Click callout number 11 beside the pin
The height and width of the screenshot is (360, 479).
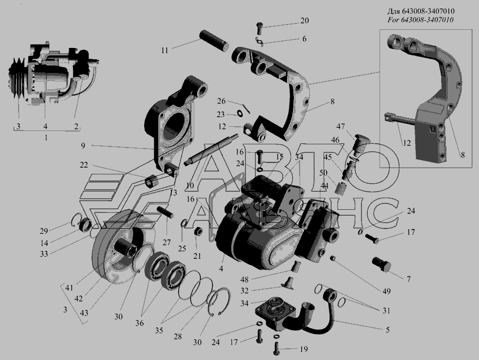[x=164, y=51]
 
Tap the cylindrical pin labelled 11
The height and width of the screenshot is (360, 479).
[x=214, y=40]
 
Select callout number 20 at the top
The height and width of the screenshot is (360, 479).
[x=304, y=20]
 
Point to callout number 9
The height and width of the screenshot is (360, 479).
[x=83, y=146]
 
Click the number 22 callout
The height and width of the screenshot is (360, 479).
[x=84, y=165]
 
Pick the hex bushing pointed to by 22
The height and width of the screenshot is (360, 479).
[x=151, y=183]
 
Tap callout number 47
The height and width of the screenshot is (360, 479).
[x=341, y=127]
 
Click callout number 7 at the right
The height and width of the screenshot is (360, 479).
[x=408, y=279]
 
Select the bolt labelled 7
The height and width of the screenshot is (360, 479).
[x=382, y=264]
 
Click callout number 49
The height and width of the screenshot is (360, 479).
[x=386, y=291]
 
